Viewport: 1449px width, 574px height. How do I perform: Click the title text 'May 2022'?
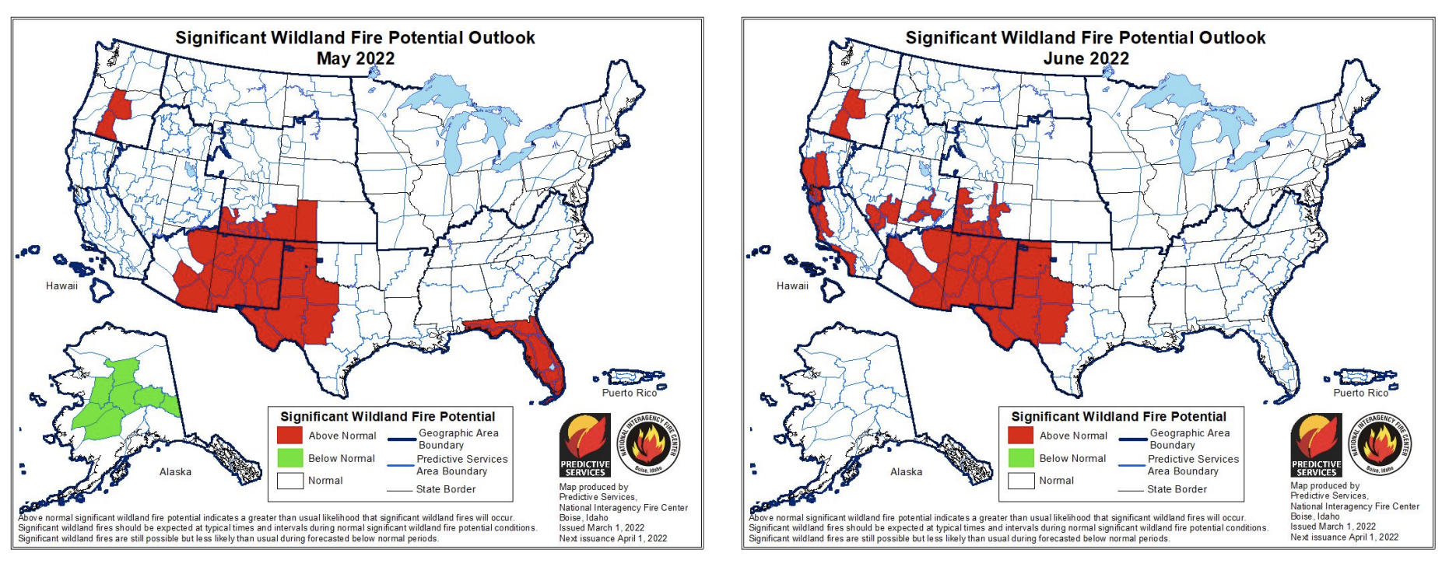(355, 58)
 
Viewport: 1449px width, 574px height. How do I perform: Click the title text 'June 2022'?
(1086, 58)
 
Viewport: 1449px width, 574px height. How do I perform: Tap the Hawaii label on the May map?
(61, 285)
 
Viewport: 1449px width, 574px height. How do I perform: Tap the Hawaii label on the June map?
(792, 285)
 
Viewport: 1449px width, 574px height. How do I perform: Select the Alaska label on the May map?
(175, 471)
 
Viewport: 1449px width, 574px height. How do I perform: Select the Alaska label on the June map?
(906, 471)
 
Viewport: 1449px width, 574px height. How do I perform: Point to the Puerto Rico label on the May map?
(629, 393)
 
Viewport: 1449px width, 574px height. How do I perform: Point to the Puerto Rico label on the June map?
(1360, 393)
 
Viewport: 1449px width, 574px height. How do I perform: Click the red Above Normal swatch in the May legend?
(289, 436)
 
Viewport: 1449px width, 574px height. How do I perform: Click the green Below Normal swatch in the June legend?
(1020, 458)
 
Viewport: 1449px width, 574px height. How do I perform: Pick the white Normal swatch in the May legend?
(289, 481)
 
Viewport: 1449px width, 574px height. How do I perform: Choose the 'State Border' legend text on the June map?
(1177, 489)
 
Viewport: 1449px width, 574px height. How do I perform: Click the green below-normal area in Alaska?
(117, 397)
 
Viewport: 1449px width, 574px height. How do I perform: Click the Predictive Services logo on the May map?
(585, 445)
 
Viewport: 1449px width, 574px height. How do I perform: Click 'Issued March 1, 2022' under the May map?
(602, 527)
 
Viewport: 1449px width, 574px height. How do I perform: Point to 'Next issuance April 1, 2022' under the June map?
(1344, 537)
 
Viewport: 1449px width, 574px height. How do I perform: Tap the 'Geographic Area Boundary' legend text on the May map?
(458, 439)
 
